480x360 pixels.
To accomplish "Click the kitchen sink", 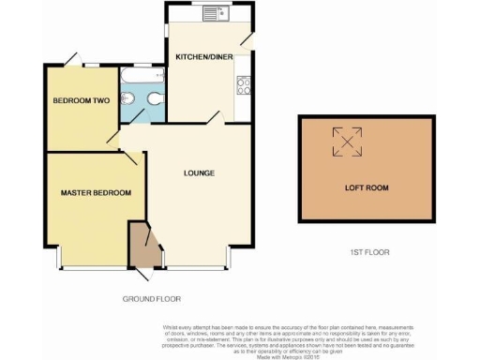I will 212,13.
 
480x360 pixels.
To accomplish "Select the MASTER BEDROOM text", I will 96,193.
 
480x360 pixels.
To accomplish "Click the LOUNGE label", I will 200,173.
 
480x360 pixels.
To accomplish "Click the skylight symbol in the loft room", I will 349,142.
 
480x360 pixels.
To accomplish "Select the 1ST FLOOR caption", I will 368,252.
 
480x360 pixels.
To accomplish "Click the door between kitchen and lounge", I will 214,115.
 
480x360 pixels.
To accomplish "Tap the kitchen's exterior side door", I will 247,38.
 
